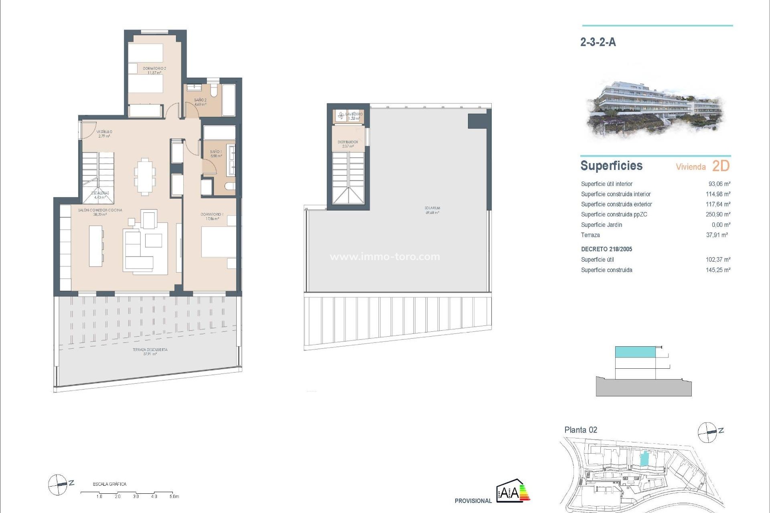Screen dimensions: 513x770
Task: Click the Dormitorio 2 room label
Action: tap(154, 69)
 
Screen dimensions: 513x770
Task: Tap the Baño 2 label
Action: tap(200, 100)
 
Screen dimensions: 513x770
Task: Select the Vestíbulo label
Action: tap(104, 132)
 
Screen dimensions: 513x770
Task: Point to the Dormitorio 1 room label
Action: tap(212, 215)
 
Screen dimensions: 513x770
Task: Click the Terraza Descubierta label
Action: tap(150, 350)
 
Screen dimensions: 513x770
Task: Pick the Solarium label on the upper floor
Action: tap(432, 208)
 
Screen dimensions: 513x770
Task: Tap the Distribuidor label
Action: tap(348, 142)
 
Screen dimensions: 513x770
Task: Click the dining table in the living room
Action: tap(145, 176)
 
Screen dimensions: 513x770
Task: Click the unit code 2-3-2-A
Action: tap(598, 42)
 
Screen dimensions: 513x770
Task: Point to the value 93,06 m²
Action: tap(719, 184)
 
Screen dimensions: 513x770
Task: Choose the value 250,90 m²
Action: tap(718, 214)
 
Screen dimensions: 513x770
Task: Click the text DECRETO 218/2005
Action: tap(606, 249)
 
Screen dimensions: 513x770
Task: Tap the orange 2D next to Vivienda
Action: tap(721, 166)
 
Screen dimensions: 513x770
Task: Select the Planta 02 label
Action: tap(581, 430)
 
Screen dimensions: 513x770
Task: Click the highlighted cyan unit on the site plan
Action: tap(644, 458)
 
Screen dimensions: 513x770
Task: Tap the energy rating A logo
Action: tap(513, 491)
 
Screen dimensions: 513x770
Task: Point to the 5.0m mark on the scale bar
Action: tap(174, 497)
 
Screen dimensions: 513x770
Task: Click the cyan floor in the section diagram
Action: tap(635, 352)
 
